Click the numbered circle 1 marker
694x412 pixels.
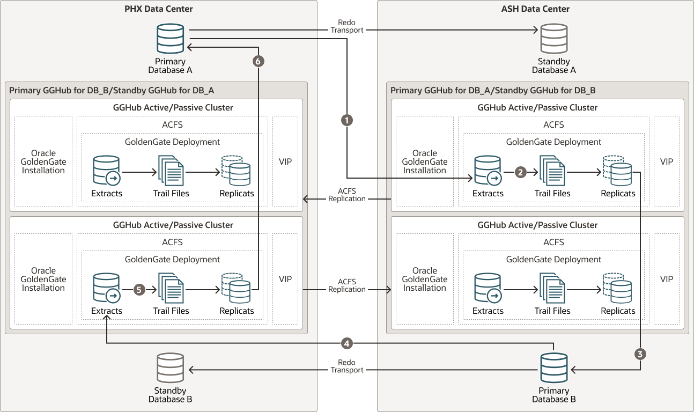(347, 121)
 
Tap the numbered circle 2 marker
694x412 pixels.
(520, 172)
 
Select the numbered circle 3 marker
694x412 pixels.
(640, 354)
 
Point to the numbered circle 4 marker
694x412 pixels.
(347, 343)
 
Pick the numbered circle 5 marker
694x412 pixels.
(139, 290)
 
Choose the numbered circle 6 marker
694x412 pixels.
(258, 62)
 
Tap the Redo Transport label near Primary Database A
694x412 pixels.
(347, 26)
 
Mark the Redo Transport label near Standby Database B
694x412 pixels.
(347, 366)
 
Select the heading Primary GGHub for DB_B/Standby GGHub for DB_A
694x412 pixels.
(112, 90)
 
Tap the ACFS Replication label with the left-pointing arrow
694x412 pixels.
(347, 195)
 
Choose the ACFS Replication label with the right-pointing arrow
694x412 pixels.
(347, 285)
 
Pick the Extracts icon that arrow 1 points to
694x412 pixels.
(488, 171)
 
